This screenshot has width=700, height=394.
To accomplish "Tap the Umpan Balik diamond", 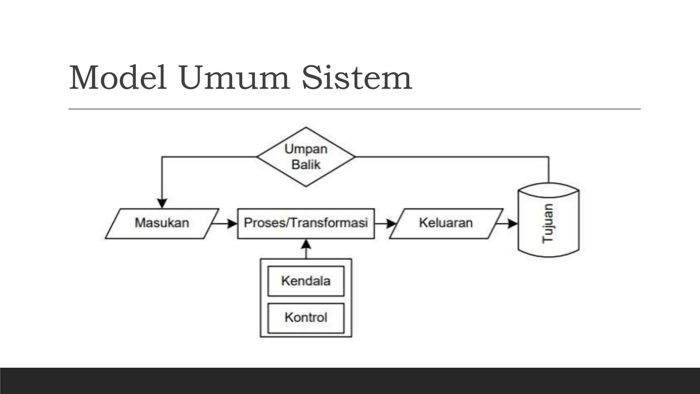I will (306, 157).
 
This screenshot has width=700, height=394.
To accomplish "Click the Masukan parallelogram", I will (162, 223).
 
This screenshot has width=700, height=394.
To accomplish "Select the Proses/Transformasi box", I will (306, 223).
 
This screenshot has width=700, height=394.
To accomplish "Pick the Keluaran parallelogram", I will (446, 223).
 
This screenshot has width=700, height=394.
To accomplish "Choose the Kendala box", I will (306, 281).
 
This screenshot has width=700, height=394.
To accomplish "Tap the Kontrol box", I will (306, 318).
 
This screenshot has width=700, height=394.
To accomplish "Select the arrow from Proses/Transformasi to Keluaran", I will (385, 224).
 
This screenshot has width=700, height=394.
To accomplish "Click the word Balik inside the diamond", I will (306, 165).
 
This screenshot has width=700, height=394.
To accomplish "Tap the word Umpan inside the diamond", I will (306, 149).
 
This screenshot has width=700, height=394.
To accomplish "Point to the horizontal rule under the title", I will (354, 109).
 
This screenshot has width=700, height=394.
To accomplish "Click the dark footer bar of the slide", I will (350, 381).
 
